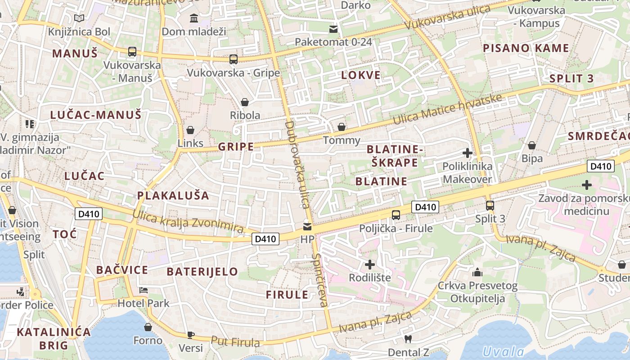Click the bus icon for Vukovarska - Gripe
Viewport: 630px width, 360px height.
[x=233, y=59]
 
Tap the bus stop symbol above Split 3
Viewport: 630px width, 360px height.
[x=490, y=206]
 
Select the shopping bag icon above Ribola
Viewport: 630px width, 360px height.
[x=245, y=102]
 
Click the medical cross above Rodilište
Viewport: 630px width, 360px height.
[x=370, y=264]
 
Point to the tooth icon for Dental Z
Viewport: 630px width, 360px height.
[x=408, y=339]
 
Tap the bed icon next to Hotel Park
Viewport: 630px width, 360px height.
[x=144, y=290]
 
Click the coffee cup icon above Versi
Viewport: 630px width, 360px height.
[x=190, y=335]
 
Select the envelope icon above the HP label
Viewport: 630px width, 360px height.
[x=307, y=226]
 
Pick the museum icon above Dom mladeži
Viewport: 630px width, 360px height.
[x=194, y=18]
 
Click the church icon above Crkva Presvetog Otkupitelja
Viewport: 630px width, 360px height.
[x=477, y=272]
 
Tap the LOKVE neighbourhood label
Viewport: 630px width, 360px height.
[x=361, y=75]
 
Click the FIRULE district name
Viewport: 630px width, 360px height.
[x=287, y=295]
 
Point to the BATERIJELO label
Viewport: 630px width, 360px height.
[x=202, y=271]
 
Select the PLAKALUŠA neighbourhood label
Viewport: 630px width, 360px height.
[x=173, y=195]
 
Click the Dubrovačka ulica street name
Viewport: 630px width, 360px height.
[x=297, y=164]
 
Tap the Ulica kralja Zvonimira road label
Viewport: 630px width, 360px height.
[x=188, y=221]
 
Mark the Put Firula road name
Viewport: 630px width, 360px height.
[x=235, y=342]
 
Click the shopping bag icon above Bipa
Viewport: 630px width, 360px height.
[x=532, y=145]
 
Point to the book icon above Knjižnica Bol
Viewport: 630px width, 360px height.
[x=79, y=18]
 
